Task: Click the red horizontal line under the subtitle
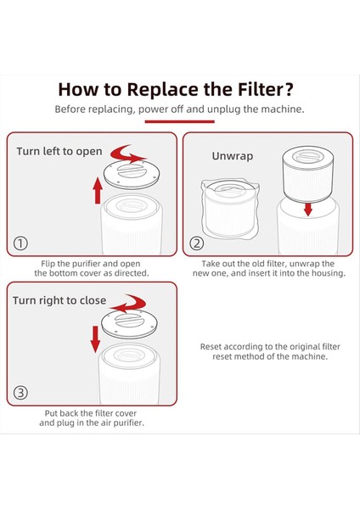pos(180,121)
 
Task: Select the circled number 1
pos(20,243)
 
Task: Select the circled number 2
pos(197,243)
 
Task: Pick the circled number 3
pos(20,393)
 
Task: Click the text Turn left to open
pos(59,151)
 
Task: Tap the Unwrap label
pos(233,156)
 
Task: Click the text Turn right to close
pos(59,300)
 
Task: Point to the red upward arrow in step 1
pos(98,191)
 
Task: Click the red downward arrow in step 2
pos(307,209)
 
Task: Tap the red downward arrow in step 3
pos(95,339)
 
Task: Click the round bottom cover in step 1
pos(132,174)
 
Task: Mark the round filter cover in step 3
pos(129,324)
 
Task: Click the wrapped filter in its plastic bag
pos(230,209)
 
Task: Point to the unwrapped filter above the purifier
pos(307,174)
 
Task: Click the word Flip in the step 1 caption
pos(48,264)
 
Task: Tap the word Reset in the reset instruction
pos(211,347)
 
